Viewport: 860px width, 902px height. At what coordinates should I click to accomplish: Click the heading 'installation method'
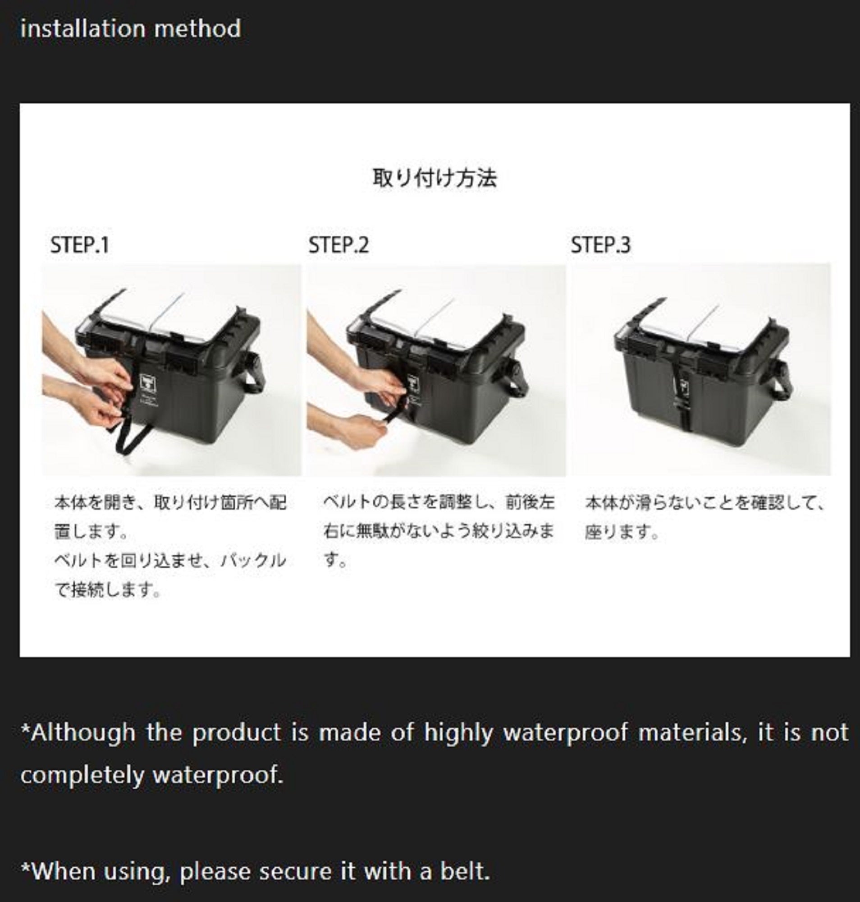[131, 28]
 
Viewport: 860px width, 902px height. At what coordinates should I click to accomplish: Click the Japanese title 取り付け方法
[434, 178]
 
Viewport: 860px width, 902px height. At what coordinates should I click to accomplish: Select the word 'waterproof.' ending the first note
[217, 775]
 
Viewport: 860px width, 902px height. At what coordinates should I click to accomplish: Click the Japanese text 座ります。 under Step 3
[622, 532]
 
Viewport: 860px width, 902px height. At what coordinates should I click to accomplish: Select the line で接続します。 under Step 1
[108, 590]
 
